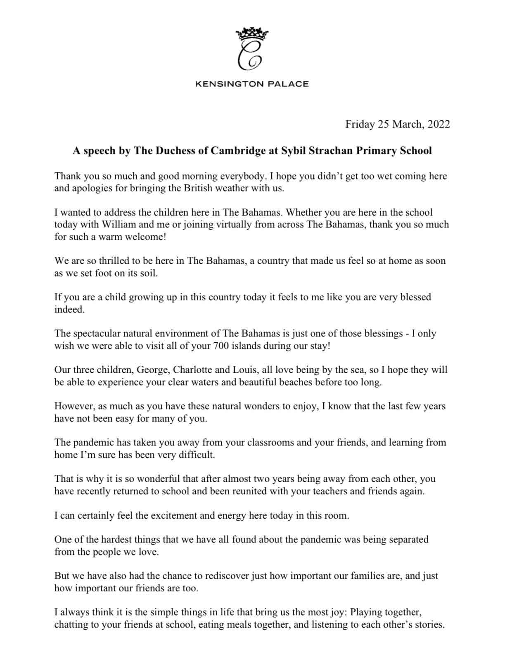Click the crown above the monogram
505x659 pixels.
252,33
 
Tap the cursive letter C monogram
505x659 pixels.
250,55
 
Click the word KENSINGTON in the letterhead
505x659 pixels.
229,84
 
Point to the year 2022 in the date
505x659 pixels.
439,124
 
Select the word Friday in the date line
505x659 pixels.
360,124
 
